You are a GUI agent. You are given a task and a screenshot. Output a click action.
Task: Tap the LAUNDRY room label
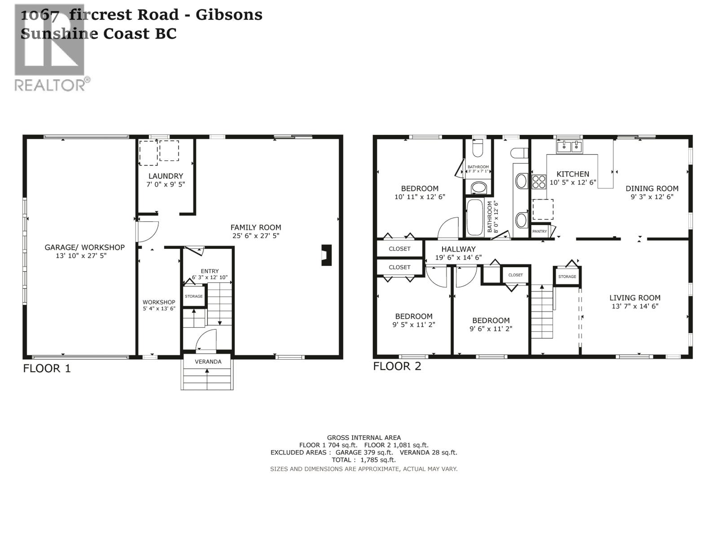166,176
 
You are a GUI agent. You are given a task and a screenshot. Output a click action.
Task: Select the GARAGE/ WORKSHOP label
84,247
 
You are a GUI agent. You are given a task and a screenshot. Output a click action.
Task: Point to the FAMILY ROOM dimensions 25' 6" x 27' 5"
256,236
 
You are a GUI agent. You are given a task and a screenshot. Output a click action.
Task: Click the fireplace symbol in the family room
327,255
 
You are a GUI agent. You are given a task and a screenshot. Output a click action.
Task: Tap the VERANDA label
208,361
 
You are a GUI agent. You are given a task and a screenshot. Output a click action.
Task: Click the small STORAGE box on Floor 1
194,296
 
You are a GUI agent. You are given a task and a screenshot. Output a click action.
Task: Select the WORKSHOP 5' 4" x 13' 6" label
159,305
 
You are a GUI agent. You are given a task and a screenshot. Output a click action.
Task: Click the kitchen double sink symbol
569,147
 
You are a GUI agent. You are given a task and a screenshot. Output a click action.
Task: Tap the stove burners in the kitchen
538,182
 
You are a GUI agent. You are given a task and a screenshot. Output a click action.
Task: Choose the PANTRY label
539,231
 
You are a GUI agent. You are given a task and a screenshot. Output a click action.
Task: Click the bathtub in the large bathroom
474,218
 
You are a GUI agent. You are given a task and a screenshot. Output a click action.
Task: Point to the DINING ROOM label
652,188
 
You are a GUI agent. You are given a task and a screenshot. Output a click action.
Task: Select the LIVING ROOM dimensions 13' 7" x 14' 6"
635,306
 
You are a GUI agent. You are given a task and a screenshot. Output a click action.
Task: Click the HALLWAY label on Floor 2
458,249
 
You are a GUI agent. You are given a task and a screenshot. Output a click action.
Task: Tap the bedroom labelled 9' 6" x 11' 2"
490,324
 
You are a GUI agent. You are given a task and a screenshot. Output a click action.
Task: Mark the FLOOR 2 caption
397,366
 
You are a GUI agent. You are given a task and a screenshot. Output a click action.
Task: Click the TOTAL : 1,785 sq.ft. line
363,460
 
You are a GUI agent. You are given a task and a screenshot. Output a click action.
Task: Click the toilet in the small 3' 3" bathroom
478,148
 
